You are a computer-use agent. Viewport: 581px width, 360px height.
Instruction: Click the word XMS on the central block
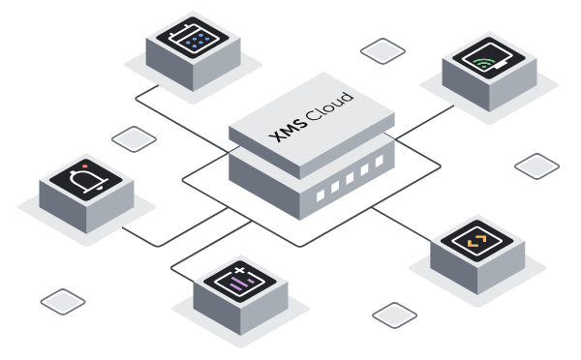[x=289, y=130]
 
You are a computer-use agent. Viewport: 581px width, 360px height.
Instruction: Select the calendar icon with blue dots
[x=192, y=38]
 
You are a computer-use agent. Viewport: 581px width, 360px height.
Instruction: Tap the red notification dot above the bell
[x=85, y=166]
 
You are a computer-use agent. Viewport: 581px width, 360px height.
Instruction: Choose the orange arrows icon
[x=476, y=241]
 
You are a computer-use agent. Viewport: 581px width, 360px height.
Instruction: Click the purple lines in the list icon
[x=240, y=284]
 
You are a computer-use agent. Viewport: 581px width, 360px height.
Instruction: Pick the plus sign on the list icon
[x=240, y=270]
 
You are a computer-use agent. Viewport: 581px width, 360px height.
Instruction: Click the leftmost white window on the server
[x=321, y=195]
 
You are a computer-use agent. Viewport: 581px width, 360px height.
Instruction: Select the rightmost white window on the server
[x=380, y=161]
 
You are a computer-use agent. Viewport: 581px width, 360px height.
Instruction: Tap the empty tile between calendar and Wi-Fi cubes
[x=382, y=50]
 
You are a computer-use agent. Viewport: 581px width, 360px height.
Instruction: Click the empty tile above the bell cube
[x=134, y=139]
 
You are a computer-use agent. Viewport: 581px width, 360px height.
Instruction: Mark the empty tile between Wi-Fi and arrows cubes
[x=536, y=166]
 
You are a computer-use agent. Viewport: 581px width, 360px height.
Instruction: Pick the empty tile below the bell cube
[x=63, y=302]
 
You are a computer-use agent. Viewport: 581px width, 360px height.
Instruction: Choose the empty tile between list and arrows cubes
[x=395, y=315]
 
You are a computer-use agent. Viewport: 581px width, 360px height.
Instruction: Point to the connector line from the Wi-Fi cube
[x=425, y=122]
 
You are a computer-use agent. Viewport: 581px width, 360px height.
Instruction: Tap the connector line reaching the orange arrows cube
[x=401, y=225]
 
